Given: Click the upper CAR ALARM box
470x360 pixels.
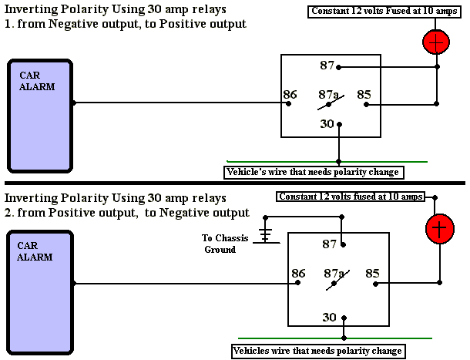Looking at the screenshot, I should (40, 115).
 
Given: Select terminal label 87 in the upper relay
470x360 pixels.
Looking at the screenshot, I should (327, 66).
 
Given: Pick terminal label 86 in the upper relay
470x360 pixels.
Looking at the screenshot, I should (290, 96).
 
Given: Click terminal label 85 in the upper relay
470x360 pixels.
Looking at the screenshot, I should (364, 96).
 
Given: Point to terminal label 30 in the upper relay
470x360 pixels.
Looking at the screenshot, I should (327, 124).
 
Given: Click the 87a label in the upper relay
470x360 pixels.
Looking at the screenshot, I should (329, 95).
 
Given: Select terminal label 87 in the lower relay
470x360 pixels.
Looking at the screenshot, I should (329, 244).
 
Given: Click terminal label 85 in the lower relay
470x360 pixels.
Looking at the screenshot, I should (372, 273).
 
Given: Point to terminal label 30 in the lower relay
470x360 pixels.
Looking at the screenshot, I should (329, 317).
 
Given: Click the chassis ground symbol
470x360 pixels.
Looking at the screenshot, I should (266, 234).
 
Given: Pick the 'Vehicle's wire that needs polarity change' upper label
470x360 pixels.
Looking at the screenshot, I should (313, 171).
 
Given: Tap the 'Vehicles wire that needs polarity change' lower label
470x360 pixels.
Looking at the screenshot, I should (318, 352).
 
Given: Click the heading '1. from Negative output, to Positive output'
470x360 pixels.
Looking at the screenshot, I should (126, 24).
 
